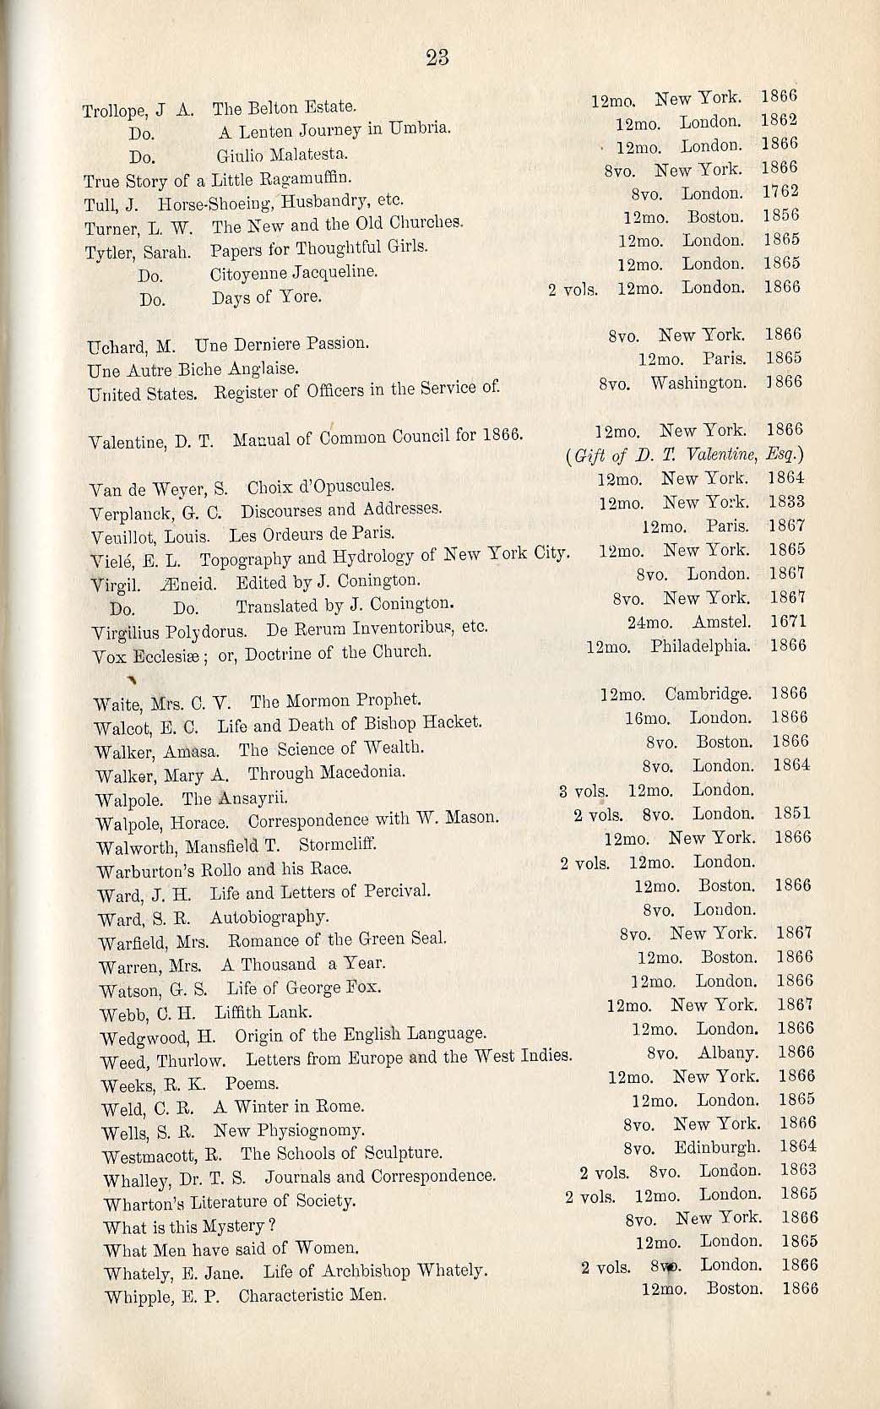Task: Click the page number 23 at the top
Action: (x=437, y=57)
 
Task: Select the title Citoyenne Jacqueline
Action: (x=282, y=274)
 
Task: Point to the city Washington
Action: (x=698, y=383)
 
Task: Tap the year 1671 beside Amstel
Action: (x=789, y=622)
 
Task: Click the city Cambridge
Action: (x=708, y=694)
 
